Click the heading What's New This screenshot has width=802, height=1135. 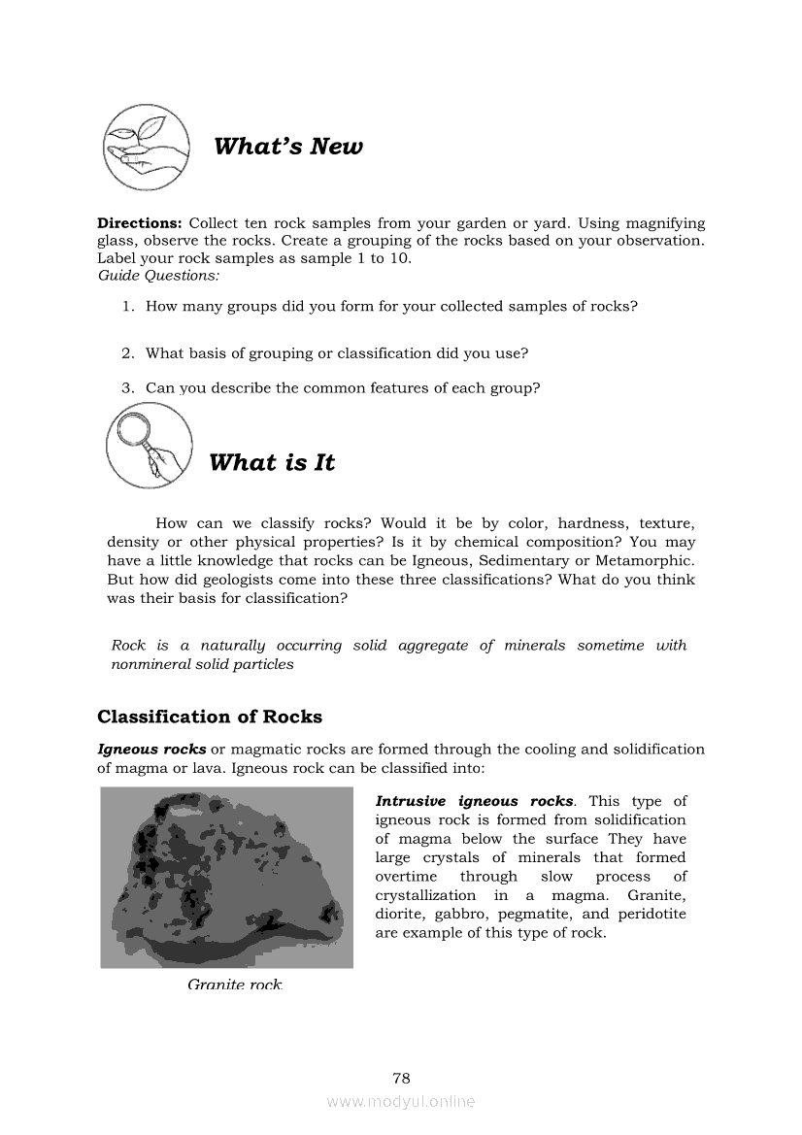[x=288, y=147]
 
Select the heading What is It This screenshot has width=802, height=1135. [x=272, y=463]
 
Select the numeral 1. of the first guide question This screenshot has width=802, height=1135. [x=128, y=307]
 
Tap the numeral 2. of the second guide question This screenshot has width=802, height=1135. [x=128, y=353]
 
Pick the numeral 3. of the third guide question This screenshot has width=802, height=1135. [x=128, y=388]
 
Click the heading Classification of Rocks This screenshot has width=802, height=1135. [x=210, y=718]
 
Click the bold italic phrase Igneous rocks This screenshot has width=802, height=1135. [x=151, y=750]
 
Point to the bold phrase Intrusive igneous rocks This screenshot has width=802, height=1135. [x=474, y=801]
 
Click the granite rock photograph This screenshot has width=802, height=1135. [x=226, y=877]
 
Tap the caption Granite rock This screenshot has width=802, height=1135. [x=235, y=985]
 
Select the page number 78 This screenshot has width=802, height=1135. [x=401, y=1078]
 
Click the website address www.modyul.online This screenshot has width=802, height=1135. [x=401, y=1102]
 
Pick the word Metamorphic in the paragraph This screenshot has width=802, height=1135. [x=648, y=561]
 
